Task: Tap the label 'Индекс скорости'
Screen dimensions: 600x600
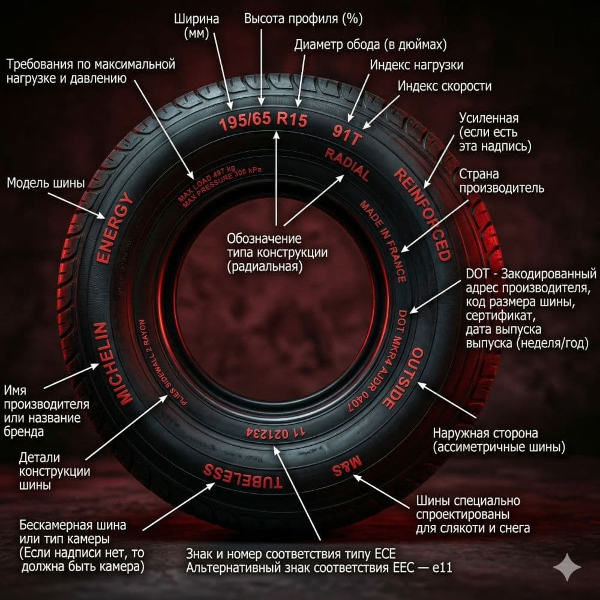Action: pyautogui.click(x=445, y=86)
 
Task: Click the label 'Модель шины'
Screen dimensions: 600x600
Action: pyautogui.click(x=46, y=183)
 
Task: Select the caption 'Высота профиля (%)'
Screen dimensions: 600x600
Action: pyautogui.click(x=303, y=19)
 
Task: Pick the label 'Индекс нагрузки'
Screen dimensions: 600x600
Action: pyautogui.click(x=416, y=65)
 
